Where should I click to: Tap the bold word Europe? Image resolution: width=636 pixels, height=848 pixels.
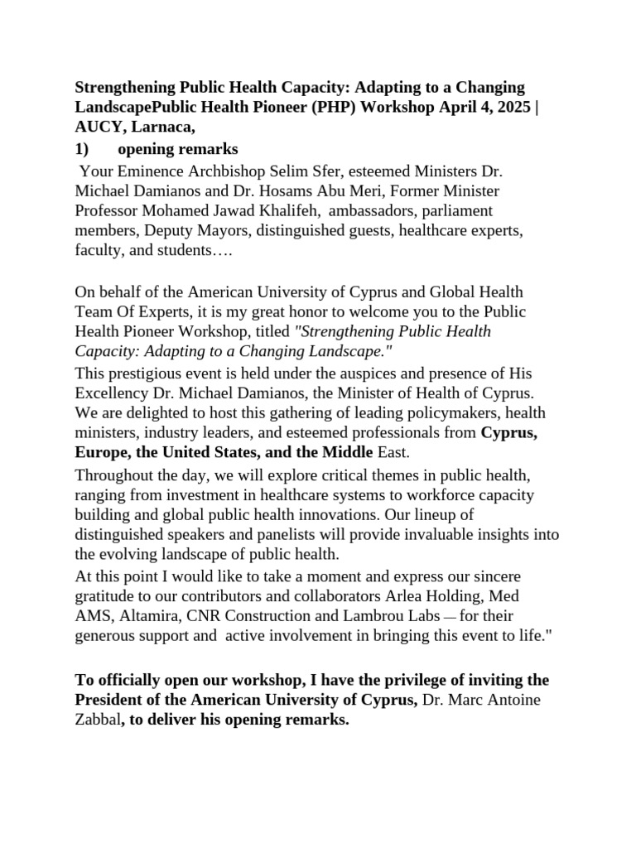[x=99, y=453]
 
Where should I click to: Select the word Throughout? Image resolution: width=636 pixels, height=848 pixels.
[x=113, y=475]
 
